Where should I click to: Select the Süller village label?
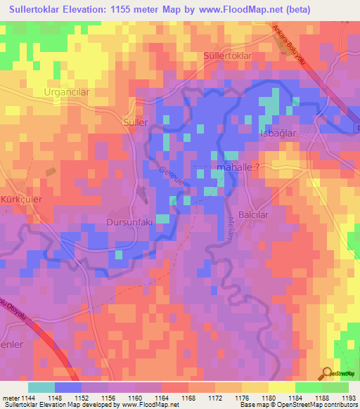point(135,122)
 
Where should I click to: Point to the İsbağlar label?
point(280,133)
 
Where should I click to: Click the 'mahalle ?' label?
point(242,168)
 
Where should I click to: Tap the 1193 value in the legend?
point(348,397)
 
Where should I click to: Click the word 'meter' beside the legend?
point(11,397)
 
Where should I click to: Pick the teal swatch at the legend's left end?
point(41,387)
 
